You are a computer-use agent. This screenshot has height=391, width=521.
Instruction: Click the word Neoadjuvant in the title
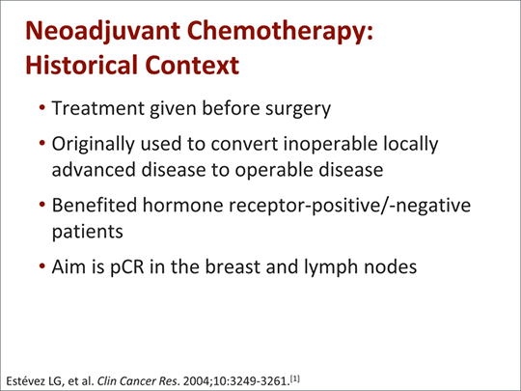[102, 32]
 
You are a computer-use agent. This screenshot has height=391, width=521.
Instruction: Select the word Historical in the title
[81, 65]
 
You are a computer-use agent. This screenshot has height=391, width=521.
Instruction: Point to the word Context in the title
[192, 65]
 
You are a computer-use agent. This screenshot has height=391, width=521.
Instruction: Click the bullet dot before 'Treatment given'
[41, 108]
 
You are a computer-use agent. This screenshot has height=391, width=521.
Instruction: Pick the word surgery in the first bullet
[298, 109]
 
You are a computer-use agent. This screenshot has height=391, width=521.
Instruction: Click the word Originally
[93, 145]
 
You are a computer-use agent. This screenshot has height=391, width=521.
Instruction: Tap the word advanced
[94, 169]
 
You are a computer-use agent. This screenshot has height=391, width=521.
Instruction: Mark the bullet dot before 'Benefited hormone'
[41, 204]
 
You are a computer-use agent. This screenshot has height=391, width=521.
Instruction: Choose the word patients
[88, 232]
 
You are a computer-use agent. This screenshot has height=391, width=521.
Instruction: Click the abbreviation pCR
[126, 267]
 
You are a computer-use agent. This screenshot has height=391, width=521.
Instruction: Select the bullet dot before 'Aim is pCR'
[41, 266]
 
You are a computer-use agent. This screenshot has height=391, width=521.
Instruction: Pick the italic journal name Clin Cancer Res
[138, 380]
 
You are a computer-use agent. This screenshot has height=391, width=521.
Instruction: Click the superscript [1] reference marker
[294, 378]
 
